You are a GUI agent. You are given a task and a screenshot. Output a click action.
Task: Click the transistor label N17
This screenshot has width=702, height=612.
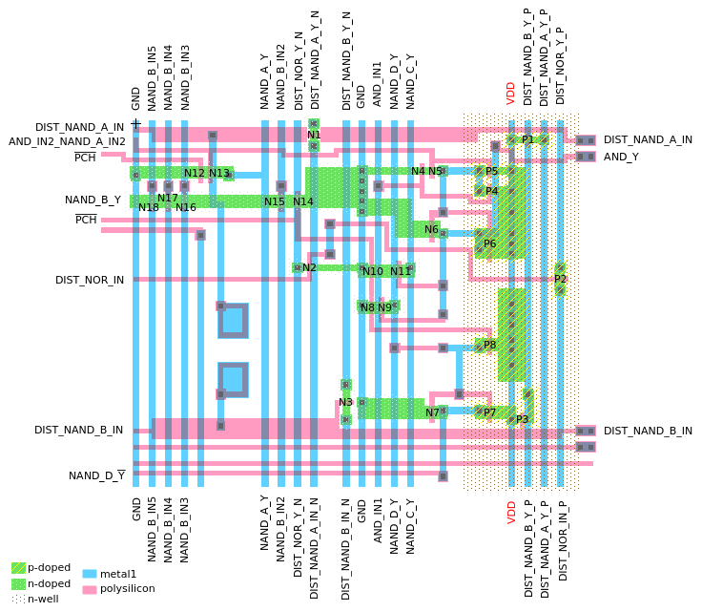coord(168,199)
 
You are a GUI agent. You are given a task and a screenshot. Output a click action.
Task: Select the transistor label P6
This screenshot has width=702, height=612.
coord(489,243)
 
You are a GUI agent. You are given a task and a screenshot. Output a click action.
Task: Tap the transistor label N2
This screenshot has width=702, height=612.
coord(309,267)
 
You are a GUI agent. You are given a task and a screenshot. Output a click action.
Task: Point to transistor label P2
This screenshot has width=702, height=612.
coord(561,279)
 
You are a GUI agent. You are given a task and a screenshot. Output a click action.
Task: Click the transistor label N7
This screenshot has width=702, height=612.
coord(432,412)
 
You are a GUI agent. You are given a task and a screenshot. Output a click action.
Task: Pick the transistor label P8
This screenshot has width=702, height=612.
coord(489,345)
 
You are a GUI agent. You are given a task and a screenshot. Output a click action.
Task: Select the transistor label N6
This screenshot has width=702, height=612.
coord(431,229)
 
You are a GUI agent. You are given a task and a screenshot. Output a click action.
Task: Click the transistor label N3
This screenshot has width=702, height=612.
coord(345,402)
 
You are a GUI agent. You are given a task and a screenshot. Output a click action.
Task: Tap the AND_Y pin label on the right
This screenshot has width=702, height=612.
coord(621,157)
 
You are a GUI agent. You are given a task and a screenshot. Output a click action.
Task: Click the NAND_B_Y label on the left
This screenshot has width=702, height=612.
coord(93,200)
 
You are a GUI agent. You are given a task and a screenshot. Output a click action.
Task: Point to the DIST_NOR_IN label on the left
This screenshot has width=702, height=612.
coord(90,280)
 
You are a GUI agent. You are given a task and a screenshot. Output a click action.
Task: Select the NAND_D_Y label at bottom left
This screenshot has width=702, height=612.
coord(96,475)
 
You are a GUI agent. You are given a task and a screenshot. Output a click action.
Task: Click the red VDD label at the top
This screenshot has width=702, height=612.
coord(511,93)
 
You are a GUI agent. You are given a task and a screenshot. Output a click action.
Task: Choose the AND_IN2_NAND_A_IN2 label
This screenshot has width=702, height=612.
coord(67,141)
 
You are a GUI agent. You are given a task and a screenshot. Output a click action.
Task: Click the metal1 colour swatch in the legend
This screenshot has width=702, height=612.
coord(90,574)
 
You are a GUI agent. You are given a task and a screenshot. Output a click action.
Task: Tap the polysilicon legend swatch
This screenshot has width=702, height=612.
coord(90,589)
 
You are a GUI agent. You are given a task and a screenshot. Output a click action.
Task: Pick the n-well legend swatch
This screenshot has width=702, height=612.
coord(18,599)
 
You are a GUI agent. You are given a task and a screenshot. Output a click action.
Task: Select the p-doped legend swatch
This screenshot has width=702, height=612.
coord(18,567)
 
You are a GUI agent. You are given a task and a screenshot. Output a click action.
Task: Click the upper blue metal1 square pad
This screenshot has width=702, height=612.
coord(233,320)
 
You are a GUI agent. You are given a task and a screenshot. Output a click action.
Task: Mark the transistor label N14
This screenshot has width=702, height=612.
coord(303,201)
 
